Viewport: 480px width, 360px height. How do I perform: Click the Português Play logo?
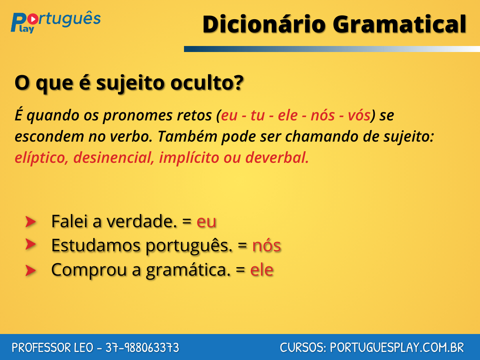pos(55,22)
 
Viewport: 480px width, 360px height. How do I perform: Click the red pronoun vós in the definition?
pos(358,116)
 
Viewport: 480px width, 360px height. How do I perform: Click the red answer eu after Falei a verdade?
pos(206,222)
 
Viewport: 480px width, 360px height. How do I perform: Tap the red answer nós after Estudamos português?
pos(266,246)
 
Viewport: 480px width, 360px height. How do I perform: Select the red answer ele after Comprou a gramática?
pos(262,270)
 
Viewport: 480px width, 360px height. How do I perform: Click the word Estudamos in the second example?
pos(96,246)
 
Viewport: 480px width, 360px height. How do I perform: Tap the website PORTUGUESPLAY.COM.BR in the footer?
pos(397,348)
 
